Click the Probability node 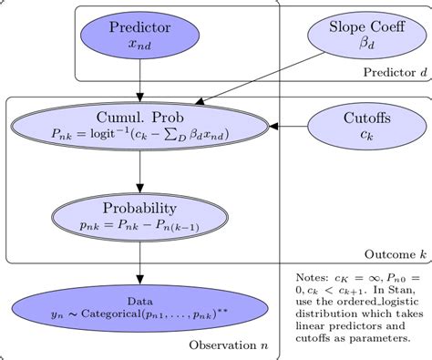point(139,215)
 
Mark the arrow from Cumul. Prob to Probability point(139,170)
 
